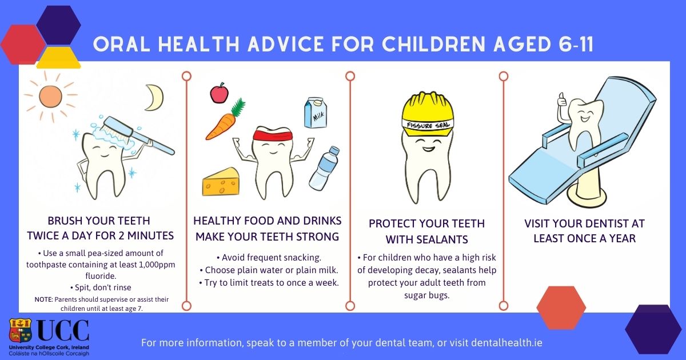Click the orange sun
(x=50, y=97)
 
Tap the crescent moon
(x=155, y=97)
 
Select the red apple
(x=220, y=93)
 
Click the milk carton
(x=316, y=113)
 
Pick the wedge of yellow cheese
(x=221, y=182)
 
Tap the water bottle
(x=324, y=169)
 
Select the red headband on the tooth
(x=273, y=135)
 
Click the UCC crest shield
(x=20, y=331)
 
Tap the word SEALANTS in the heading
(x=427, y=239)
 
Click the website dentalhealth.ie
(x=506, y=342)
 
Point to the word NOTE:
(x=44, y=299)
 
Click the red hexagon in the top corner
(x=23, y=45)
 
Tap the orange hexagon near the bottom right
(x=561, y=307)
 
